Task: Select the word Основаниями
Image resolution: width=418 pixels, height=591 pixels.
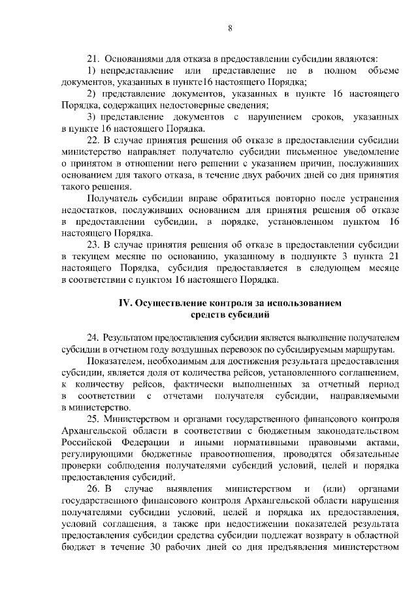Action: click(134, 59)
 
